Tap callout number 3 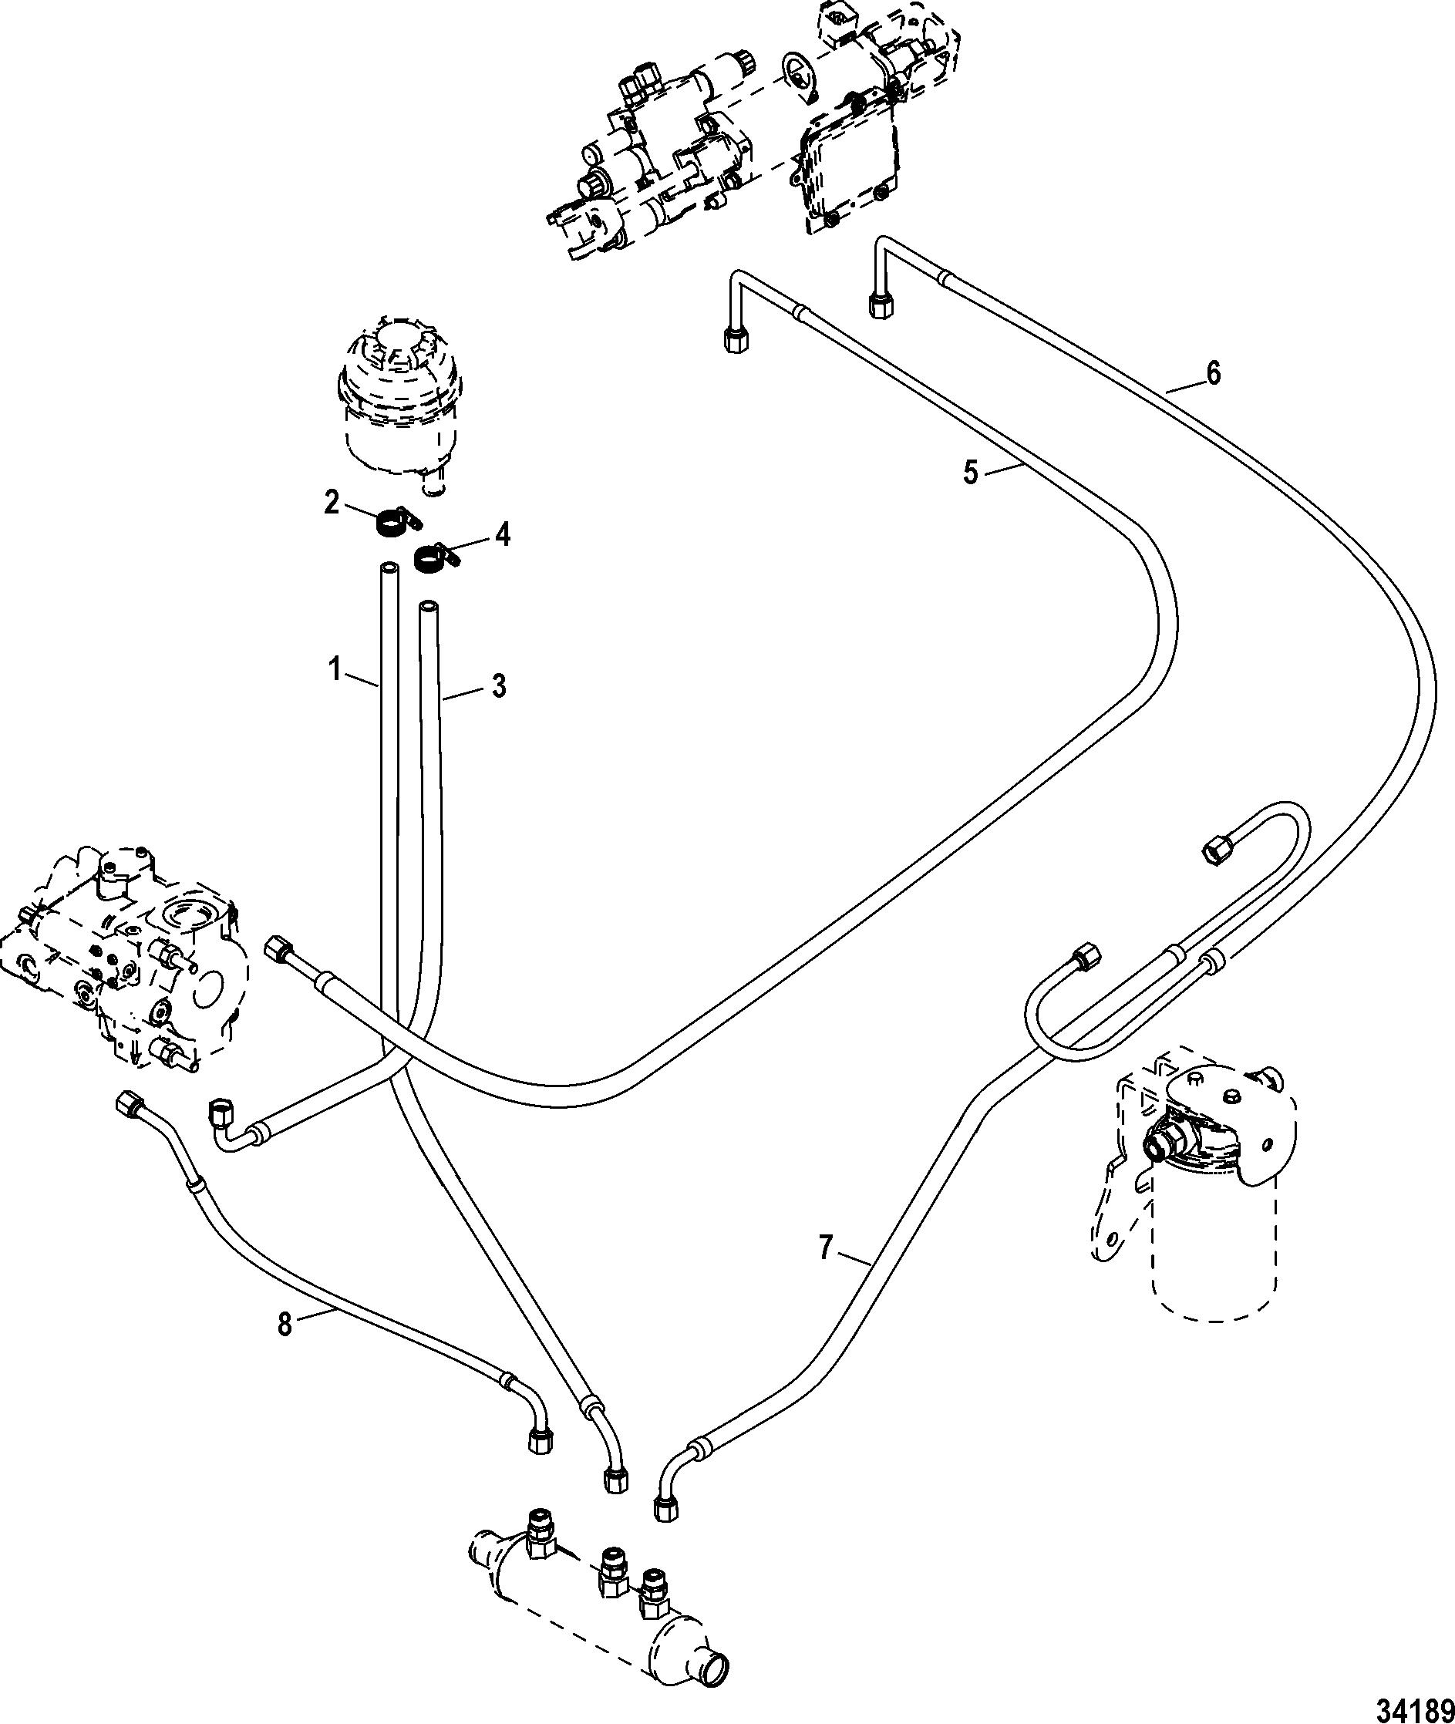point(499,686)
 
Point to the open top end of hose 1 point(389,568)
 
